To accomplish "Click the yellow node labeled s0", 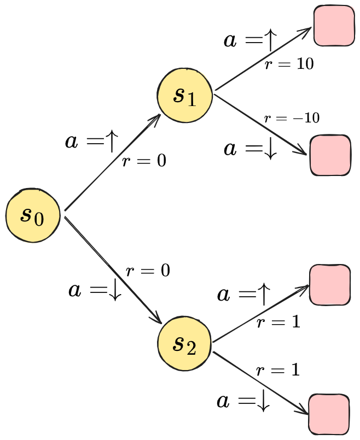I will (x=33, y=215).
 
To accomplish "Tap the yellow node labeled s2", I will (x=184, y=343).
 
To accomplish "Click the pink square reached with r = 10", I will (x=333, y=26).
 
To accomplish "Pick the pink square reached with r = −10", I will (x=330, y=155).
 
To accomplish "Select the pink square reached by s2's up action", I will (x=329, y=285).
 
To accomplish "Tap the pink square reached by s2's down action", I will (x=329, y=414).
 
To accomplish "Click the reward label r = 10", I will (x=289, y=64).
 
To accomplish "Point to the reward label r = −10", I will (x=292, y=118).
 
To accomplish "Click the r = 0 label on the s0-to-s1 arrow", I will (x=144, y=161).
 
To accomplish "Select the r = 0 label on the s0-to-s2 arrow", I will (x=148, y=271).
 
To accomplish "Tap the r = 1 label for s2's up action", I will (x=278, y=322).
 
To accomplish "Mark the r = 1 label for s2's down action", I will (x=278, y=371).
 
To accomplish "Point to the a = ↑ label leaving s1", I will (x=251, y=41).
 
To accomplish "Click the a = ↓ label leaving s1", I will (x=251, y=149).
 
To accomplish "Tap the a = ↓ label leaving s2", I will (x=244, y=402).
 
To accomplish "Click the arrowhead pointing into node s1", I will (x=155, y=119).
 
